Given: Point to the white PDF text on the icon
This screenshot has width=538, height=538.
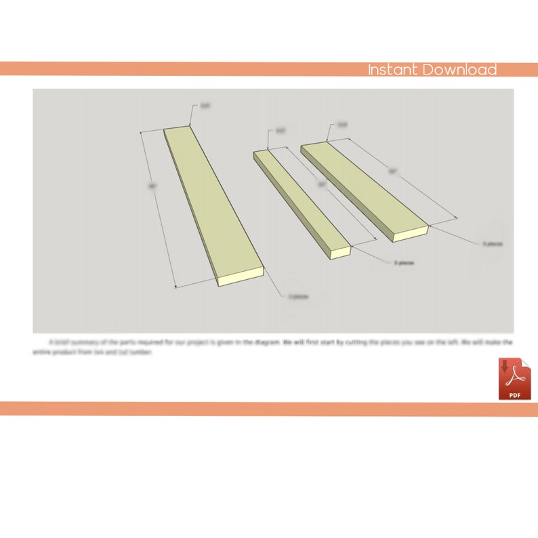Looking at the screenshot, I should tap(514, 394).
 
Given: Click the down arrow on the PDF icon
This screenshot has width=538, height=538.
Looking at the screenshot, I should tap(505, 367).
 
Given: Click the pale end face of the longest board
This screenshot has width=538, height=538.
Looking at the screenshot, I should tap(239, 276).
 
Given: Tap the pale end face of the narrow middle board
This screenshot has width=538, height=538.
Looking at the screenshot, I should tap(339, 251).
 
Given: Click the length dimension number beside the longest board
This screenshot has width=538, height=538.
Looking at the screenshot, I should tap(153, 186).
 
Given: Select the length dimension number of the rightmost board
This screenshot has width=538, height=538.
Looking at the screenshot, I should tap(392, 172).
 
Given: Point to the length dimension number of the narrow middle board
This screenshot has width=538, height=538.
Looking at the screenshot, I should tap(323, 184).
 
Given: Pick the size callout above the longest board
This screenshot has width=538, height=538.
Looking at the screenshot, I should tap(205, 106).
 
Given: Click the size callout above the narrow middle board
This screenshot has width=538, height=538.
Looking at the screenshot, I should tap(281, 131).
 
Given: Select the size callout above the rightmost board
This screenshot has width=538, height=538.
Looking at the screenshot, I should tap(342, 125).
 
